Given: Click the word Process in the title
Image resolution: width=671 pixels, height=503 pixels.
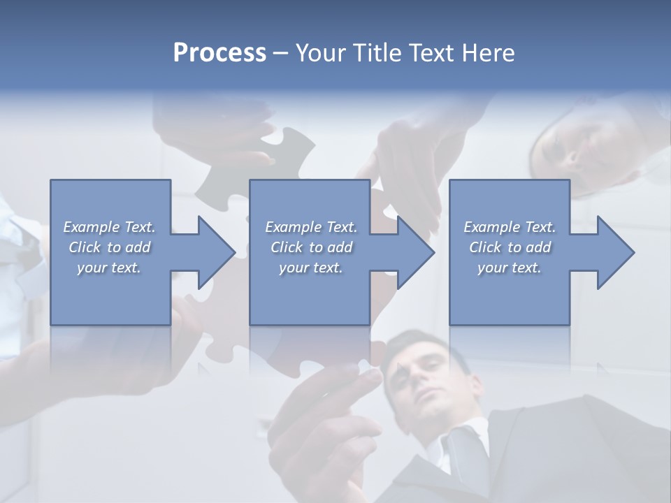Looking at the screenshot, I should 219,53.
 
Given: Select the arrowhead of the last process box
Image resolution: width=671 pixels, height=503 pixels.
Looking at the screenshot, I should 615,252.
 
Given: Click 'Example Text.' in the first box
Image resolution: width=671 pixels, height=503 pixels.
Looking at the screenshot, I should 109,227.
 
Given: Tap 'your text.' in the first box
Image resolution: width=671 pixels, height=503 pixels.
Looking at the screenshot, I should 109,268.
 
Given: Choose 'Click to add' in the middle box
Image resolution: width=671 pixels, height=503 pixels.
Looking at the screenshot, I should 311,247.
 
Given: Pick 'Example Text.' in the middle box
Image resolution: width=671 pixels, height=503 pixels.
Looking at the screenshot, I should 311,227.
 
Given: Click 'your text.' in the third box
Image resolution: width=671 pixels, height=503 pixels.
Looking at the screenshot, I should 510,268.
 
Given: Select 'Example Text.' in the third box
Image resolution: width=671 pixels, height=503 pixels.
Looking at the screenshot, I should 510,227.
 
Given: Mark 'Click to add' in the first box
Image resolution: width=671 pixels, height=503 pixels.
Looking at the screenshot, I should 109,247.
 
